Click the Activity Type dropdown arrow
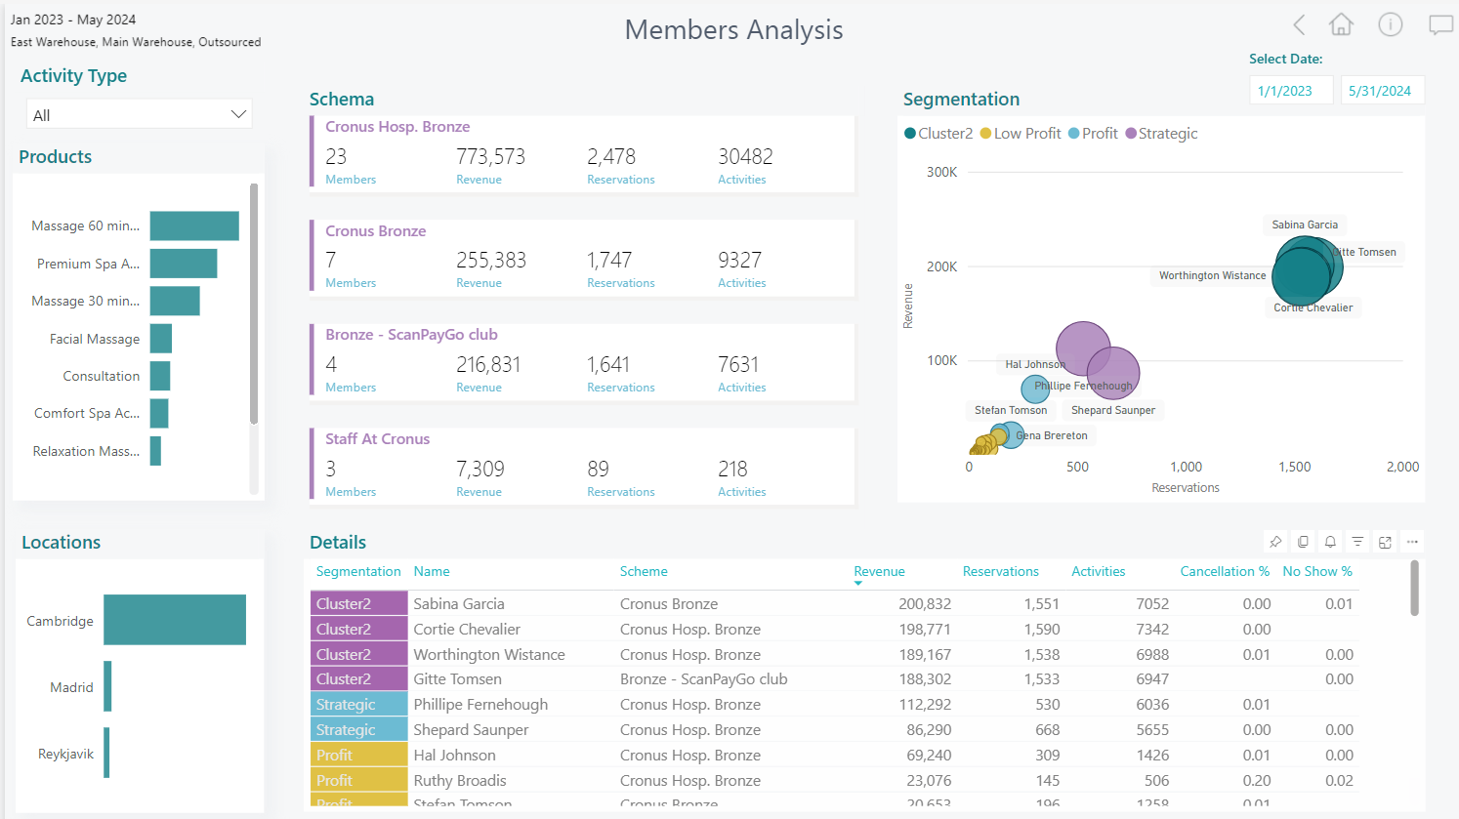(x=238, y=114)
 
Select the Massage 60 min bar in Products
(x=194, y=225)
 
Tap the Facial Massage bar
(x=161, y=339)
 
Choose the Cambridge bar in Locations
(x=175, y=620)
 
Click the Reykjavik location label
(x=66, y=754)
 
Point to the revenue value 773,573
(x=490, y=156)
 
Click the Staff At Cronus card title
(x=377, y=439)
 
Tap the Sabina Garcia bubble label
(x=1305, y=225)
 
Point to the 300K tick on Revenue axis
(x=941, y=172)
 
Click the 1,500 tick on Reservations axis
(x=1295, y=467)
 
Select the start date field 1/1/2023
(x=1290, y=91)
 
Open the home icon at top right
(x=1341, y=25)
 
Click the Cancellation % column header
(x=1224, y=571)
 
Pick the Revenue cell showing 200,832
(x=924, y=604)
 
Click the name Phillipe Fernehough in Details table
(x=480, y=705)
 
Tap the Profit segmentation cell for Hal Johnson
(x=358, y=756)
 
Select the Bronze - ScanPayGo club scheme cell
(x=703, y=679)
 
